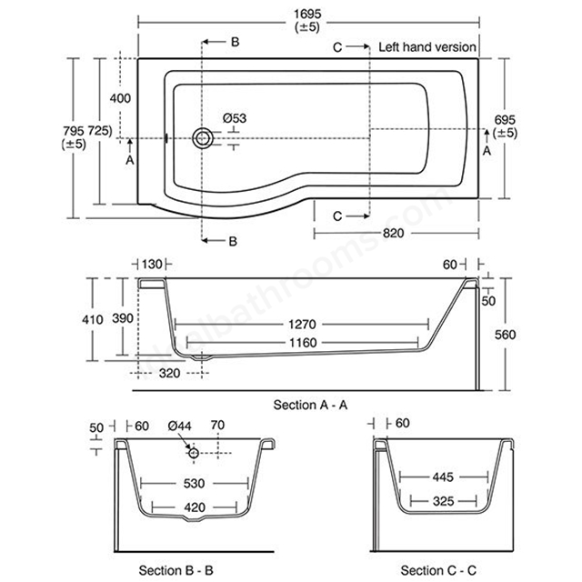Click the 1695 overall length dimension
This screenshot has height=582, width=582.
307,15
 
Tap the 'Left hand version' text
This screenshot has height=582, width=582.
427,47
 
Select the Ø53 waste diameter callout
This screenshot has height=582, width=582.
235,118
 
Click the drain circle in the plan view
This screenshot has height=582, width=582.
203,138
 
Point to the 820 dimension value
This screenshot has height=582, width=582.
393,233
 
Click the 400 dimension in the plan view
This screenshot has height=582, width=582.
120,98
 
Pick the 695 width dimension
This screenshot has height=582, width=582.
505,120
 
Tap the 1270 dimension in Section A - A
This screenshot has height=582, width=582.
303,325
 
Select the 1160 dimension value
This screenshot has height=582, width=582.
303,342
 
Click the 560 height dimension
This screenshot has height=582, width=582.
506,335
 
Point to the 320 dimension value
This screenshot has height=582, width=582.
170,373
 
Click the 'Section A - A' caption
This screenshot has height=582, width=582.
310,405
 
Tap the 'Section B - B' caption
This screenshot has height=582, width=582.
176,570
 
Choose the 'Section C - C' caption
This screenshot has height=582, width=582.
438,570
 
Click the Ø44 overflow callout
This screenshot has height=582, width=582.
180,426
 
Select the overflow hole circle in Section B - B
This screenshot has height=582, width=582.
194,453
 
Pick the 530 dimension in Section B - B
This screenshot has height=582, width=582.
194,483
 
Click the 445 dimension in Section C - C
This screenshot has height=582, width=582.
443,477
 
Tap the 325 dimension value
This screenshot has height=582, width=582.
444,501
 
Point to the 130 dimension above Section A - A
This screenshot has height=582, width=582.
152,265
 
